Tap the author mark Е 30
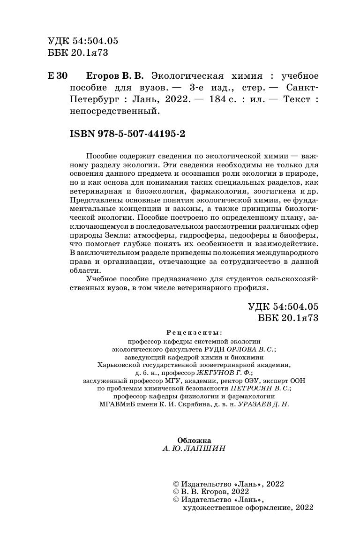point(58,76)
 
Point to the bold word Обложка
point(194,440)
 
